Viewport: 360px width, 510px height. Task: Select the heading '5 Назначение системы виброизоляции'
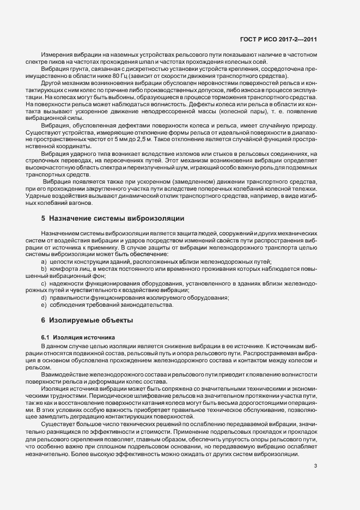(113, 218)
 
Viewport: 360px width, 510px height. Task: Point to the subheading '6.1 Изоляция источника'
(77, 338)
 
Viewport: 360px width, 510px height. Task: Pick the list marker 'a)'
(44, 262)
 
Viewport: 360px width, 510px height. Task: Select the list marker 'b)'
(44, 269)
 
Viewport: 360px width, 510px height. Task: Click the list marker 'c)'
(44, 283)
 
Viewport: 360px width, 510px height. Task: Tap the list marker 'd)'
(44, 297)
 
